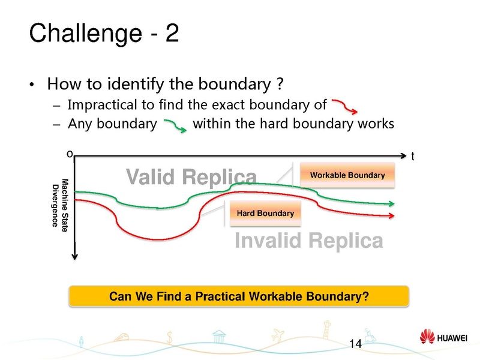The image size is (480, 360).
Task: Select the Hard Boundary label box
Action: (265, 213)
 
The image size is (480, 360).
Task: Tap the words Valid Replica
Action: (191, 177)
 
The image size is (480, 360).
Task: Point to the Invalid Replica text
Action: (308, 241)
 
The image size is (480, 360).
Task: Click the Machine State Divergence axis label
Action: (60, 203)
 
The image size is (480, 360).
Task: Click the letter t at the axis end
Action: (413, 157)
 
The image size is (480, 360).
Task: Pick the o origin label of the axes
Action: (70, 154)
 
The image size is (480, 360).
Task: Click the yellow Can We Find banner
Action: (239, 296)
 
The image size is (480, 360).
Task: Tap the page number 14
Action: (355, 344)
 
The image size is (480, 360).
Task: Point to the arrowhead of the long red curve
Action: (392, 215)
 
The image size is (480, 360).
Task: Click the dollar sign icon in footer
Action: (171, 339)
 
